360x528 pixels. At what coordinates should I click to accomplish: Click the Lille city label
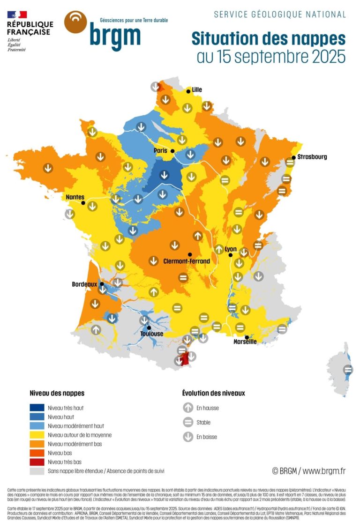197,89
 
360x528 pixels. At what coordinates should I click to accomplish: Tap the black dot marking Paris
172,151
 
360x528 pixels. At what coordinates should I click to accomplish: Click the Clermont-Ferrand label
186,261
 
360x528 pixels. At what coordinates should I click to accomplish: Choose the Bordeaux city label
84,284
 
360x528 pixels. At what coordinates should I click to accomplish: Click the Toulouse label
152,334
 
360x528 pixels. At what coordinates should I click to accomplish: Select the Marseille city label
245,342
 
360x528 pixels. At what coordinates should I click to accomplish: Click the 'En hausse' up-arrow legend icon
188,408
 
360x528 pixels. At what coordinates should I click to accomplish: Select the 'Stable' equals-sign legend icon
188,422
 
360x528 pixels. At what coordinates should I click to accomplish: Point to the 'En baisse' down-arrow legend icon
188,437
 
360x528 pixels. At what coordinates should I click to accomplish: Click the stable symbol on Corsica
348,370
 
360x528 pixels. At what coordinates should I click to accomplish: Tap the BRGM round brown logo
75,22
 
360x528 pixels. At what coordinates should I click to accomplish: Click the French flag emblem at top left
17,15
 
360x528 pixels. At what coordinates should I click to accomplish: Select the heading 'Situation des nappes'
268,38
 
